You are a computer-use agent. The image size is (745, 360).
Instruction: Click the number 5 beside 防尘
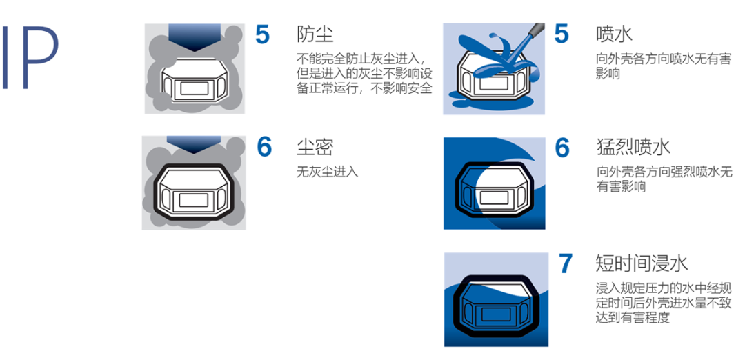tap(262, 34)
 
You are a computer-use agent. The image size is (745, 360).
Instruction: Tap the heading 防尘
tap(315, 34)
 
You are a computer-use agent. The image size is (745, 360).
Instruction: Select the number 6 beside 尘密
tap(264, 147)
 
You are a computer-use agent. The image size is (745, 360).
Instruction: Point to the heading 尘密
tap(315, 147)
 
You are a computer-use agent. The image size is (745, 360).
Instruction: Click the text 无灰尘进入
tap(327, 172)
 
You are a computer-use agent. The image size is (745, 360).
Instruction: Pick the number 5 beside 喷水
tap(562, 34)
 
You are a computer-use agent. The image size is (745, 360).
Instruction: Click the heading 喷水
tap(614, 34)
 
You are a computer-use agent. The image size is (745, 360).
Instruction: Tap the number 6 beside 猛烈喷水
tap(563, 148)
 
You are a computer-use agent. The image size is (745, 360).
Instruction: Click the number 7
tap(566, 263)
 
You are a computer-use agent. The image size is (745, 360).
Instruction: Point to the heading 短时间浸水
tap(642, 263)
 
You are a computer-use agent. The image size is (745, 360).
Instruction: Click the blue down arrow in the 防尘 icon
tap(194, 37)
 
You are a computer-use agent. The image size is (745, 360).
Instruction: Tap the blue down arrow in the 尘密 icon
tap(194, 144)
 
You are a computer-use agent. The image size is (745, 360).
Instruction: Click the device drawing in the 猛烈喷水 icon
tap(495, 190)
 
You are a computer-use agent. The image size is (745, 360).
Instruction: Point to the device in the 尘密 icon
tap(194, 192)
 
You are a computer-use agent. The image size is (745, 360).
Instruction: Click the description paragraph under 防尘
tap(364, 73)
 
